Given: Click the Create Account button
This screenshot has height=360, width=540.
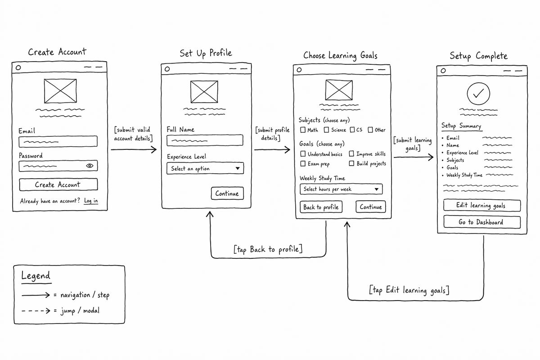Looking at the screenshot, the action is pyautogui.click(x=58, y=184).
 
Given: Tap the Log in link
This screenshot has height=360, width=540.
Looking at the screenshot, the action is pyautogui.click(x=91, y=201).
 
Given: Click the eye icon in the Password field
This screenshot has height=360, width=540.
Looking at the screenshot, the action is pyautogui.click(x=90, y=166).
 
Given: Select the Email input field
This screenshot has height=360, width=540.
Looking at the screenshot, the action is pyautogui.click(x=58, y=142).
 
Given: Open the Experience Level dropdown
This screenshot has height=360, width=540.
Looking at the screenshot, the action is pyautogui.click(x=205, y=168).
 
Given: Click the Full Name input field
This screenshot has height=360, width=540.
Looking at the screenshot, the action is pyautogui.click(x=205, y=140).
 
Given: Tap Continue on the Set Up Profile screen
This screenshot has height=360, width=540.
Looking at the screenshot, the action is pyautogui.click(x=227, y=193).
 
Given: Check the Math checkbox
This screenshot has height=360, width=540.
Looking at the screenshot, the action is pyautogui.click(x=303, y=130).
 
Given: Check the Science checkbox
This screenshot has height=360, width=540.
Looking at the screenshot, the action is pyautogui.click(x=326, y=130).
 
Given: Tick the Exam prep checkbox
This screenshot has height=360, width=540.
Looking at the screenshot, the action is pyautogui.click(x=303, y=164).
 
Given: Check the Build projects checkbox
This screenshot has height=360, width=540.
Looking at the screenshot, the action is pyautogui.click(x=352, y=163).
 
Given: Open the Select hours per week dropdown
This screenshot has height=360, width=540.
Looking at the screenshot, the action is pyautogui.click(x=341, y=189).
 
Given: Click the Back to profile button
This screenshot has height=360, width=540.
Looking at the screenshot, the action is pyautogui.click(x=321, y=207).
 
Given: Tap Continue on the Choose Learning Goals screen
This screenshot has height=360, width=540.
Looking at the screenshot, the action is pyautogui.click(x=371, y=207).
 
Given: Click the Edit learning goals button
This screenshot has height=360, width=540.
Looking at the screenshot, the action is pyautogui.click(x=482, y=206).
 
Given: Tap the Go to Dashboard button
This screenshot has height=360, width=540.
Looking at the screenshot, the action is pyautogui.click(x=482, y=222).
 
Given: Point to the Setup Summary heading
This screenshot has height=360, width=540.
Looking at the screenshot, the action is pyautogui.click(x=461, y=126).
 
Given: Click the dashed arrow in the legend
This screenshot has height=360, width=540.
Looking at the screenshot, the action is pyautogui.click(x=36, y=310).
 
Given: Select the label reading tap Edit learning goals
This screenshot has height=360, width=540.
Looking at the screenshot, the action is pyautogui.click(x=409, y=290).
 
